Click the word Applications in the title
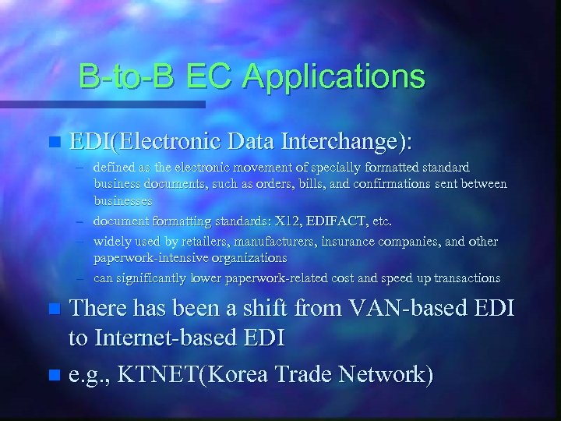(x=333, y=77)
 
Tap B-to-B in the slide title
(x=122, y=76)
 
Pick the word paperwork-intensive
(x=147, y=256)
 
